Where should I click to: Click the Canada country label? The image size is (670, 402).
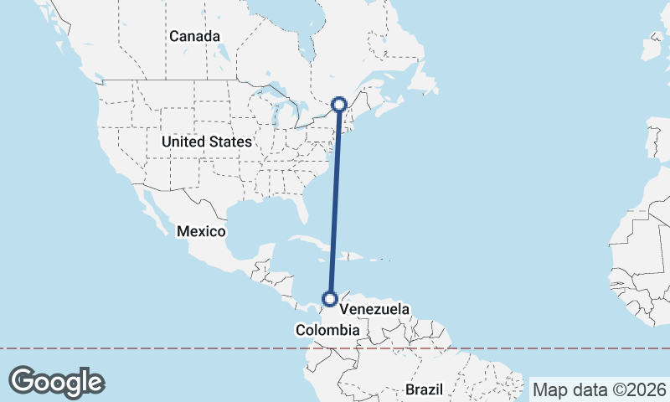tap(194, 37)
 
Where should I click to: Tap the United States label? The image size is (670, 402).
tap(206, 142)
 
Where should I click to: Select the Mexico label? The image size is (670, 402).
tap(202, 231)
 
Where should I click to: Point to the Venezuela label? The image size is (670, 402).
tap(374, 310)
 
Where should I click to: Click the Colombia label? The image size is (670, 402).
tap(327, 332)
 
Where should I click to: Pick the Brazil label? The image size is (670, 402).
tap(423, 389)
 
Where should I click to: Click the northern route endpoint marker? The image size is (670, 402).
tap(339, 104)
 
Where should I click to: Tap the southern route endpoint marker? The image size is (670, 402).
tap(331, 298)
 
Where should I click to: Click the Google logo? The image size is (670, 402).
tap(56, 381)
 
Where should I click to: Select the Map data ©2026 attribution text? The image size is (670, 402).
tap(600, 389)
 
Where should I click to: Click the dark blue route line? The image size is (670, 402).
tap(335, 201)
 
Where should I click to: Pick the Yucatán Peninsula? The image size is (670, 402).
tap(268, 251)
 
